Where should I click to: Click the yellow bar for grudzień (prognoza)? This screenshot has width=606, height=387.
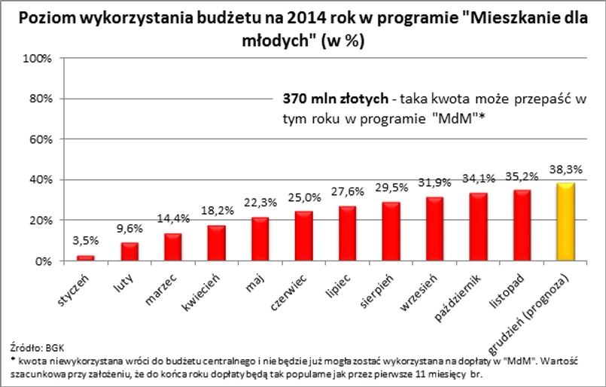click(565, 222)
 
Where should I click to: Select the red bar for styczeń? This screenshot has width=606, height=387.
click(87, 257)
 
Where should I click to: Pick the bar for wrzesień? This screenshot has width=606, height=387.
click(435, 229)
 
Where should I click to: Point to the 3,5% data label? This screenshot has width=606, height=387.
click(86, 241)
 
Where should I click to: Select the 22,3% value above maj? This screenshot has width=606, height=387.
click(259, 203)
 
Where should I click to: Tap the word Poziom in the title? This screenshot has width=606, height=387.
click(48, 18)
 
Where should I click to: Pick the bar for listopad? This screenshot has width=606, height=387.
click(522, 226)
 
